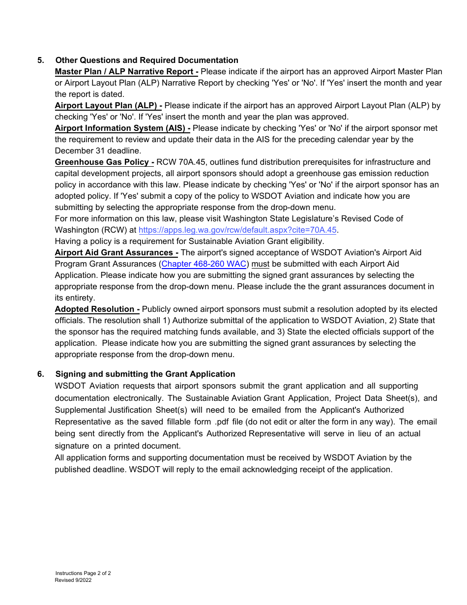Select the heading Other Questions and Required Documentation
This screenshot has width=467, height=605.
point(146,60)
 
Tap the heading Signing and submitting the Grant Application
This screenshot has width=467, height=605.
point(145,374)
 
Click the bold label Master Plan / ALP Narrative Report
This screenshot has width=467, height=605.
point(126,71)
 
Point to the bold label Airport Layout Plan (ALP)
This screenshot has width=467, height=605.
point(108,105)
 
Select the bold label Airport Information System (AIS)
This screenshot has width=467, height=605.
point(122,128)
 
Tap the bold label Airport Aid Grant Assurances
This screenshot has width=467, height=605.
point(117,252)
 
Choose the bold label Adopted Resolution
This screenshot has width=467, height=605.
point(97,309)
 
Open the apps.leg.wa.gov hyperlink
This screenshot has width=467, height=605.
point(238,230)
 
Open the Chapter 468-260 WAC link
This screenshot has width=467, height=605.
point(204,264)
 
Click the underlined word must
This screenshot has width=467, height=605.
point(261,264)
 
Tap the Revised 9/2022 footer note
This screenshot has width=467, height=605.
point(73,580)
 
